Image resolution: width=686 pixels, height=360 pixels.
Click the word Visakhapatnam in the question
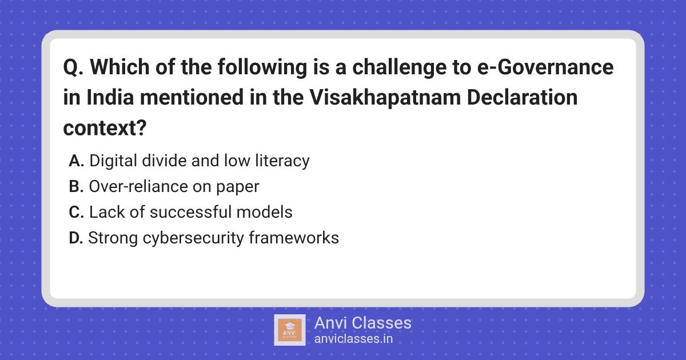(385, 97)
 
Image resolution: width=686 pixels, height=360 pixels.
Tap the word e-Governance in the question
(545, 67)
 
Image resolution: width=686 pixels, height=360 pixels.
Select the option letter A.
(76, 161)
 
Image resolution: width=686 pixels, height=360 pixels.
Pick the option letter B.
(76, 186)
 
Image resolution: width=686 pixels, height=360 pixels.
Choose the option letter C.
(76, 212)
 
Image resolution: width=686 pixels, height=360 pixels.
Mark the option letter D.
(76, 238)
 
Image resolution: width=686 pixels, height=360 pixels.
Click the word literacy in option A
(282, 161)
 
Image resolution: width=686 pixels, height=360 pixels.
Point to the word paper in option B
(238, 187)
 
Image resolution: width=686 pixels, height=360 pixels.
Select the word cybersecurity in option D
(193, 238)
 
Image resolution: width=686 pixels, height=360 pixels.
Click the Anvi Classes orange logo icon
(290, 330)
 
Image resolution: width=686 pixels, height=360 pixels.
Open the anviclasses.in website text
(353, 339)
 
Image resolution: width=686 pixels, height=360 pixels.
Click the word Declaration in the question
(522, 97)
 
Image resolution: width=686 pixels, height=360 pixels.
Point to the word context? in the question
(105, 128)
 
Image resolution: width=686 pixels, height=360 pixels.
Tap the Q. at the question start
(73, 67)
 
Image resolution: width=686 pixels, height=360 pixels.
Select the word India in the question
(110, 97)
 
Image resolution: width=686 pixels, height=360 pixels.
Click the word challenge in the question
(400, 67)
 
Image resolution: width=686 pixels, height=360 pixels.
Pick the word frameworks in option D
(294, 238)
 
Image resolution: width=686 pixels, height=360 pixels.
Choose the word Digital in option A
(113, 161)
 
